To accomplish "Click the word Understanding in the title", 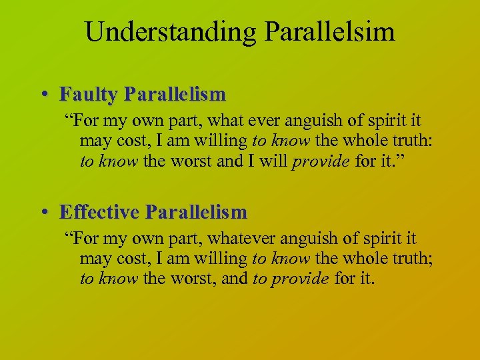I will click(x=166, y=31).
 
